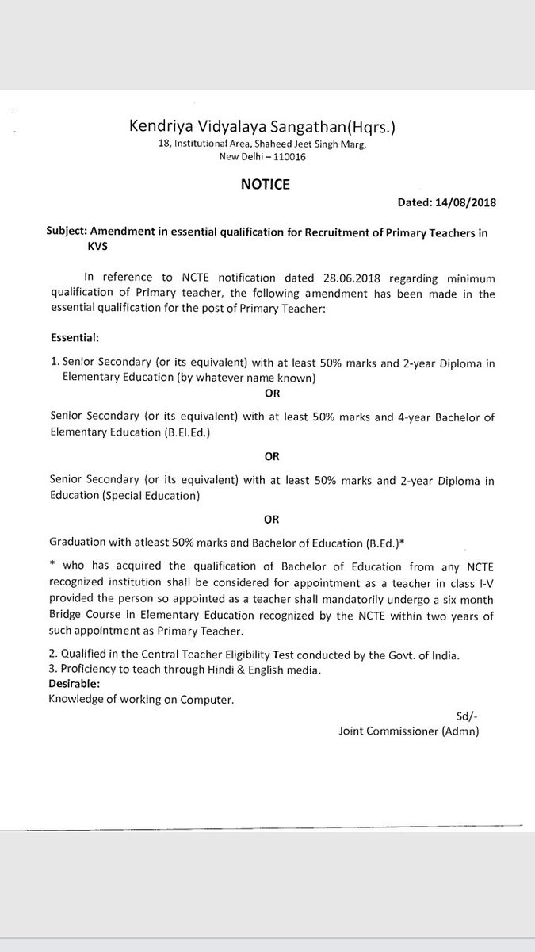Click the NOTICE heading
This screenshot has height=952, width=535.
click(x=265, y=185)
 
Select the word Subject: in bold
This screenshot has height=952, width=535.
click(x=67, y=231)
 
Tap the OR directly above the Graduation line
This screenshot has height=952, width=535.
click(x=271, y=520)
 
